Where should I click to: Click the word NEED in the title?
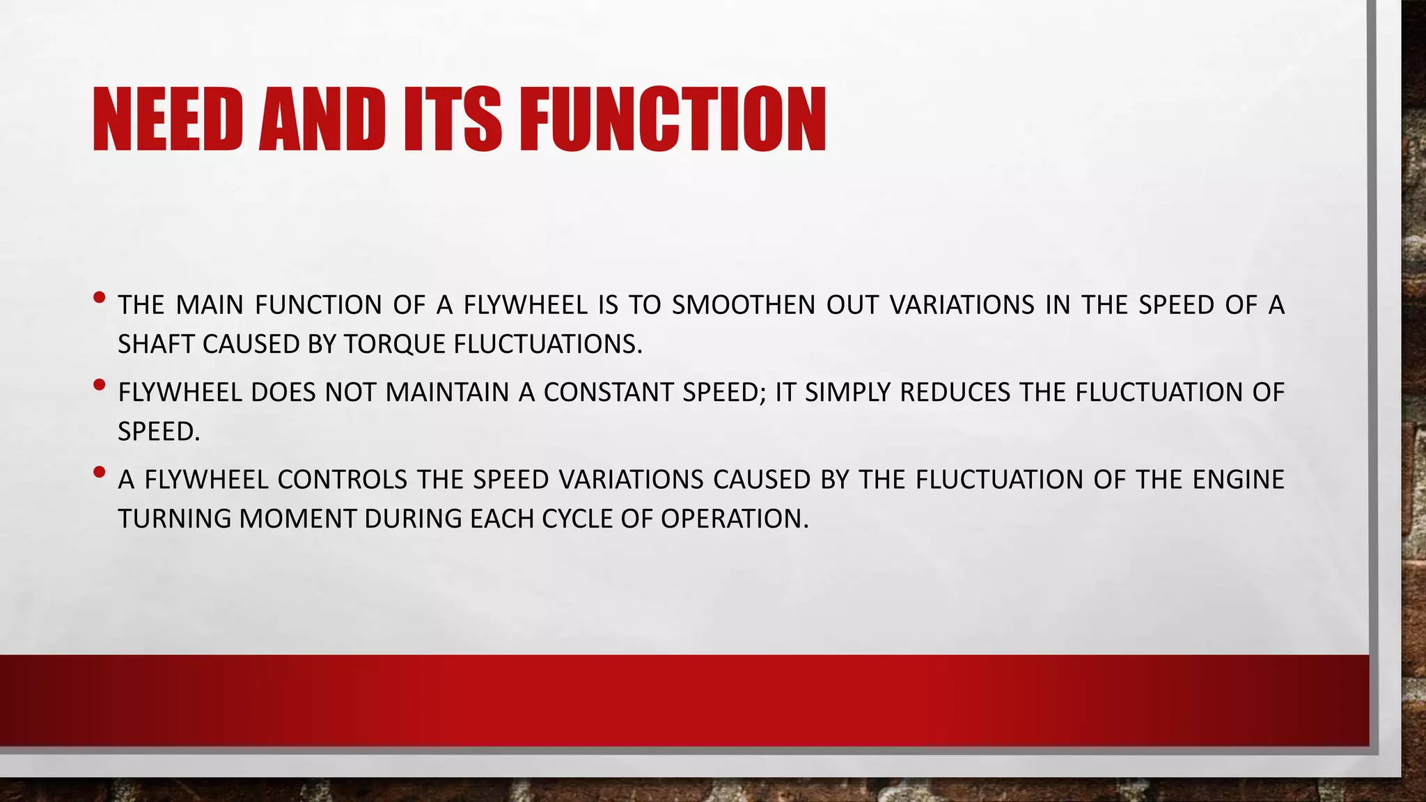coord(167,120)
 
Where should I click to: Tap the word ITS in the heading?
coord(453,120)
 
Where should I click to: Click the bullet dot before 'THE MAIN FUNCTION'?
coord(99,297)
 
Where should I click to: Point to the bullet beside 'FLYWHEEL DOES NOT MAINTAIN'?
coord(99,384)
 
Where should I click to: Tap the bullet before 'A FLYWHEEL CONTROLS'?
coord(99,471)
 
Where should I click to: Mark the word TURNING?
coord(174,519)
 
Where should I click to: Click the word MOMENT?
coord(297,519)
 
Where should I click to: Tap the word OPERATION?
coord(735,519)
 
